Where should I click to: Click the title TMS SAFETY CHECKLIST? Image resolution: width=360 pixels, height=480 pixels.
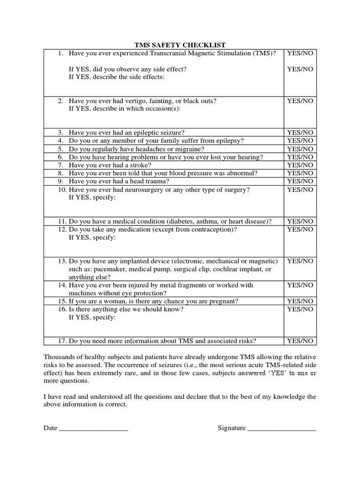180,45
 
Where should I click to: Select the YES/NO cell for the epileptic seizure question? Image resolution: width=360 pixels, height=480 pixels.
300,133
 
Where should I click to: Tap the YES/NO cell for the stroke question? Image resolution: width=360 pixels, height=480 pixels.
300,165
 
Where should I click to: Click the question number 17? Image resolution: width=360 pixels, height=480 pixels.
62,341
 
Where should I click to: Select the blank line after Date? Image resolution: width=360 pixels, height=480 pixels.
93,428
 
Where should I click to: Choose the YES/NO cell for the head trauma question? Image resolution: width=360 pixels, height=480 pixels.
300,181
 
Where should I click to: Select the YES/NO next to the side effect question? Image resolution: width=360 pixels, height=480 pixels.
300,69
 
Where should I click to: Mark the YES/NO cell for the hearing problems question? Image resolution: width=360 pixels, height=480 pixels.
300,157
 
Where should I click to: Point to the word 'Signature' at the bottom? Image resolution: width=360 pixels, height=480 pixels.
232,428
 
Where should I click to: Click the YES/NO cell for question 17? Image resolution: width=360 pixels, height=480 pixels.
300,341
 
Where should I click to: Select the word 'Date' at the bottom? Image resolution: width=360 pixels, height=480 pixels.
50,428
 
